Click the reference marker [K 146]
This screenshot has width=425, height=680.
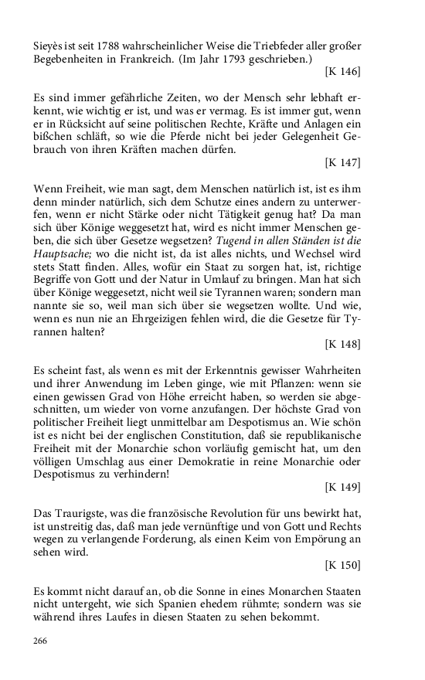342,72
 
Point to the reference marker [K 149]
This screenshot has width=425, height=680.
342,488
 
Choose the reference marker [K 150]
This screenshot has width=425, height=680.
342,565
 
